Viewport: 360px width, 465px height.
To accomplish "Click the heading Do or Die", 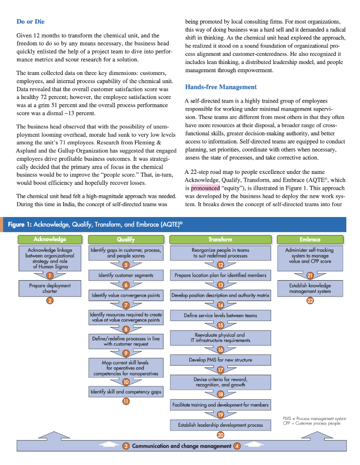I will click(x=30, y=21).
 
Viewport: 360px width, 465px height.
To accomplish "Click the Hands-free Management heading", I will click(x=221, y=87).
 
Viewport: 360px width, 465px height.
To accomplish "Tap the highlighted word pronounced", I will click(x=205, y=187).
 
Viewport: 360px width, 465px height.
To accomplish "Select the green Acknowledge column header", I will click(x=49, y=239).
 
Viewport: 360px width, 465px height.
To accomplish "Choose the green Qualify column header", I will click(x=126, y=239).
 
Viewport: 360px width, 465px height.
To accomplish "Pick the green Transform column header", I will click(x=220, y=239).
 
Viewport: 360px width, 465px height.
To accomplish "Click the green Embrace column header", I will click(x=310, y=239).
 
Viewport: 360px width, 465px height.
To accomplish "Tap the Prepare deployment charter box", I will click(x=49, y=288).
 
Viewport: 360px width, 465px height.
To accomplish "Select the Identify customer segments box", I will click(x=126, y=275).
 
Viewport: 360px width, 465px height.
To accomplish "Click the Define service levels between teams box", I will click(x=220, y=315).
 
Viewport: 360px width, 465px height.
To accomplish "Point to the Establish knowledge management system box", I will click(x=310, y=288).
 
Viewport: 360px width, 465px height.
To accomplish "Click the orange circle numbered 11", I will click(x=126, y=401).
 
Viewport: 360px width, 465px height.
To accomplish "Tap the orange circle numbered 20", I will click(x=220, y=435).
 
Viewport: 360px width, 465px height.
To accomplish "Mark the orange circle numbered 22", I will click(x=310, y=301).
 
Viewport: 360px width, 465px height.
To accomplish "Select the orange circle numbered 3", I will click(x=126, y=446).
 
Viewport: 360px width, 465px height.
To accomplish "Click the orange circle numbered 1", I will click(x=49, y=275).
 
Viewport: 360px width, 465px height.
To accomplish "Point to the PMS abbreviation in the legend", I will click(x=287, y=418).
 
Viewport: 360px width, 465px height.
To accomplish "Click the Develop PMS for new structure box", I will click(x=220, y=360).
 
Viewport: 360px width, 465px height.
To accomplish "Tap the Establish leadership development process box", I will click(x=220, y=425).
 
